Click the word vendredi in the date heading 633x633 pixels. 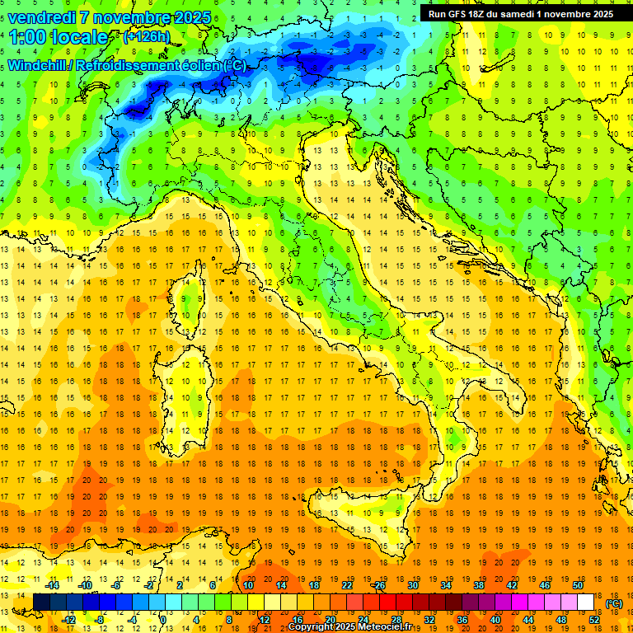click(x=42, y=17)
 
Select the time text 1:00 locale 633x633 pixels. click(x=59, y=37)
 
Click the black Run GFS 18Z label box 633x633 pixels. click(x=521, y=13)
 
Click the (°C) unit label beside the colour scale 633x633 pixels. click(x=615, y=603)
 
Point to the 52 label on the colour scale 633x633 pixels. click(x=594, y=620)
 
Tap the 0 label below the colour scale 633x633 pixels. click(x=163, y=620)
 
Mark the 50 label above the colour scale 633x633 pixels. click(x=577, y=585)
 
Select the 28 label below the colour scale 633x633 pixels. click(x=396, y=620)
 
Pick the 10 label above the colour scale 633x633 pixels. click(x=248, y=585)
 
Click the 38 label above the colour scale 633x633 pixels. click(x=479, y=585)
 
